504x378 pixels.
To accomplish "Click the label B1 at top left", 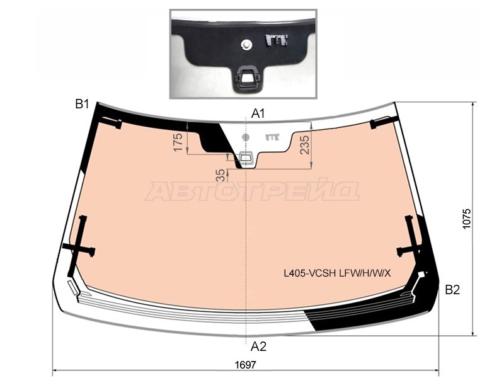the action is [82, 104].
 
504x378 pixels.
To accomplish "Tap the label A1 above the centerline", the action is [258, 113].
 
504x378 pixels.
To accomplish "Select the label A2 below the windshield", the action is [258, 346].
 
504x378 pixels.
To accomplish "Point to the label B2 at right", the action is [452, 290].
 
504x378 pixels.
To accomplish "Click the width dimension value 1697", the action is [246, 365].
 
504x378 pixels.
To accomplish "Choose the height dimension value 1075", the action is [466, 219].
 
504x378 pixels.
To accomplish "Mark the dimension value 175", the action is [178, 142].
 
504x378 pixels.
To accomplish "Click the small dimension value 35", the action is [221, 176].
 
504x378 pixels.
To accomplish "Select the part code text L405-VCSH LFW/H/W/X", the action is [337, 273].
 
